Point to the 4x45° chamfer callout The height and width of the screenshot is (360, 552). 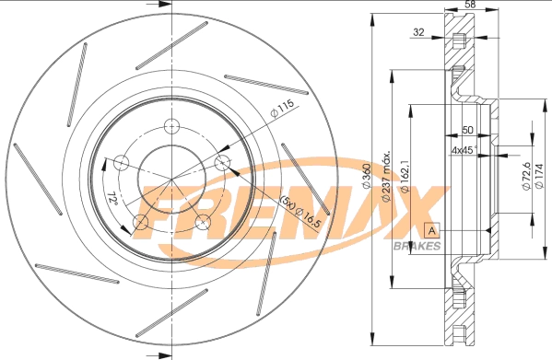pyautogui.click(x=464, y=149)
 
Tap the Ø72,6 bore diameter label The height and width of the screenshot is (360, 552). pyautogui.click(x=526, y=175)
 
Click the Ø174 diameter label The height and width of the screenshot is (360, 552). pyautogui.click(x=541, y=175)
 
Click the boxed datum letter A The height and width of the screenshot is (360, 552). pyautogui.click(x=430, y=229)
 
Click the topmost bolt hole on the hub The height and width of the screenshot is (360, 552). pyautogui.click(x=170, y=127)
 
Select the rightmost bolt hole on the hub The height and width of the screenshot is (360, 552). pyautogui.click(x=221, y=163)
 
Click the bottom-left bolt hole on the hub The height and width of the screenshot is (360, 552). pyautogui.click(x=140, y=222)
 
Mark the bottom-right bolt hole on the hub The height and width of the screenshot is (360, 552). pyautogui.click(x=202, y=222)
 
